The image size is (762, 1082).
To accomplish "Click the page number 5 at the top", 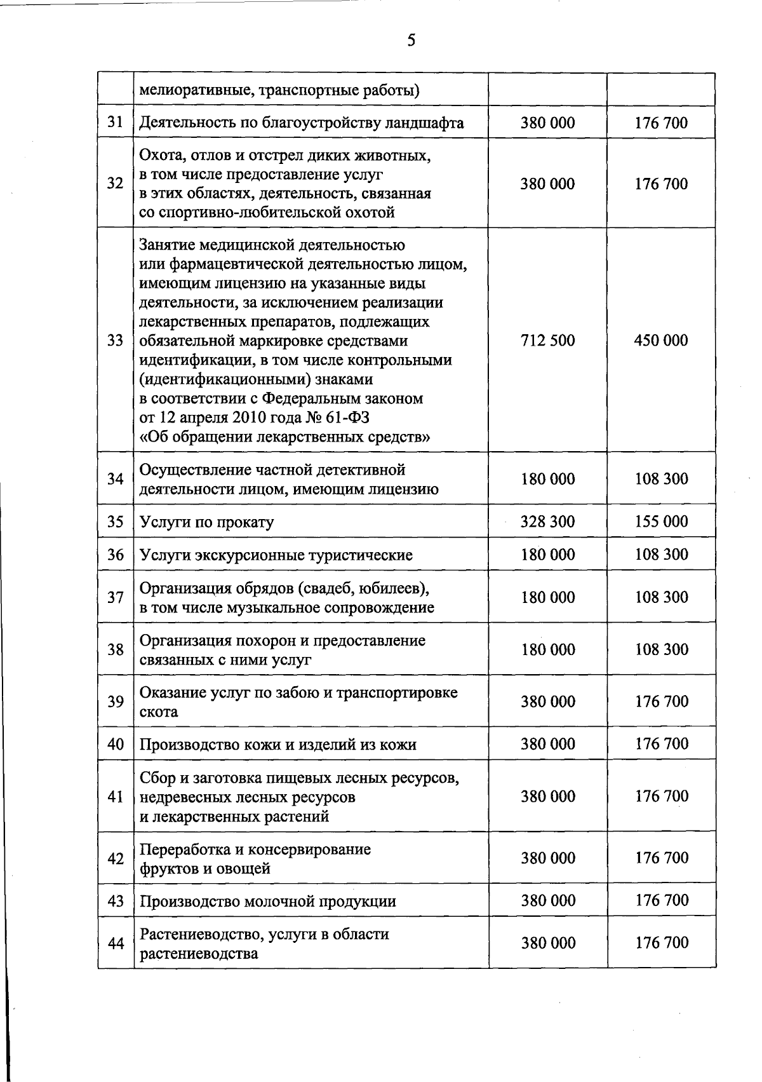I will pos(411,41).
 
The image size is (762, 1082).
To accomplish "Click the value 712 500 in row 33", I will pos(547,341).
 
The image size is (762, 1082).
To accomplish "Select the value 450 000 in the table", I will pos(660,341).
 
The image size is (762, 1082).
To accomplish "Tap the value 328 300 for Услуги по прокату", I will pos(547,522).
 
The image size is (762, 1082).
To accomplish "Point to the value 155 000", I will pos(661,522).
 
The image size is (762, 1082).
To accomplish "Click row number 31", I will pos(115,123).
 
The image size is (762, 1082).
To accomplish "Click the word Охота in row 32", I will pos(160,155).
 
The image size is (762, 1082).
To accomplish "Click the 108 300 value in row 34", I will pos(661,479).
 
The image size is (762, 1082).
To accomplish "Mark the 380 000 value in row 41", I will pos(547,797).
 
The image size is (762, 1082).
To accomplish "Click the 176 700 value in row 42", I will pos(662,858).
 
